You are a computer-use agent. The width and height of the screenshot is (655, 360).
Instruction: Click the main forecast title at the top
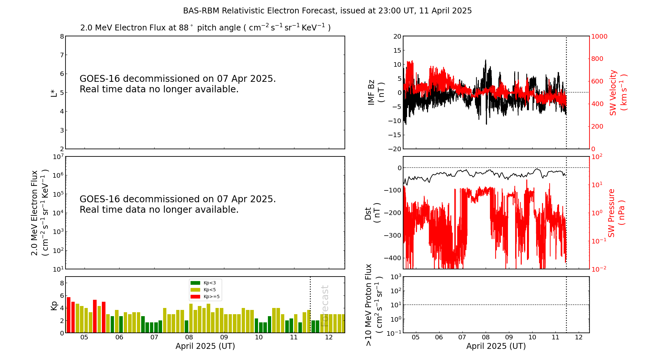coord(327,11)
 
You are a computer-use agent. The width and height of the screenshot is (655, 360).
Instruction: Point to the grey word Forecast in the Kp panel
coord(325,306)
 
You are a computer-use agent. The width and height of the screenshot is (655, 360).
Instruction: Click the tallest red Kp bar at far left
coord(69,315)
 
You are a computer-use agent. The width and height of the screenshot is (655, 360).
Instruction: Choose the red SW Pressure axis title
coord(616,213)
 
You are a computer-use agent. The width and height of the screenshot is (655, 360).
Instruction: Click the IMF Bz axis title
coord(376,93)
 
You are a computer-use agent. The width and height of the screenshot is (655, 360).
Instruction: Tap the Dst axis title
coord(372,213)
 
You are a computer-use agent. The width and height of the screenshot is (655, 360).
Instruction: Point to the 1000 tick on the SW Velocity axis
coord(599,36)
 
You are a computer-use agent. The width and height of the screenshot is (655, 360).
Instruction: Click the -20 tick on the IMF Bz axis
coord(395,149)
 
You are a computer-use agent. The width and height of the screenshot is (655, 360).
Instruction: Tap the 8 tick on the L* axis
coord(62,36)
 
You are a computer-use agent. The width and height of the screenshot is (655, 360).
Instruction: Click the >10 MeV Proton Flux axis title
coord(374,305)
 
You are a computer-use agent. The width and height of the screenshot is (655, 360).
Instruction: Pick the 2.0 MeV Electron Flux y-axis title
coord(39,213)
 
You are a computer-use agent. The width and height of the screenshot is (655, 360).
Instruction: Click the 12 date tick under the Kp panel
coord(329,337)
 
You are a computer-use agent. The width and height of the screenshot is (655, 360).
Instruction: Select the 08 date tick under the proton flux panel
coord(486,337)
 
